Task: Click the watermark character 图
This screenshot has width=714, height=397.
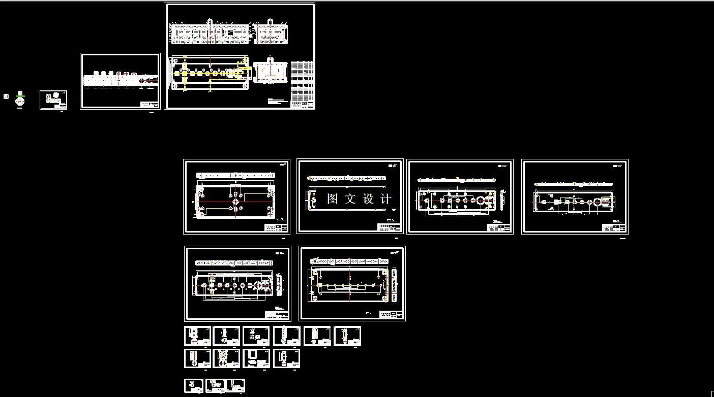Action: click(333, 198)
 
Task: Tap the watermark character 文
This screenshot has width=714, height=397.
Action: click(350, 198)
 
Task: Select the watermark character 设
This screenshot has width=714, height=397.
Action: click(369, 198)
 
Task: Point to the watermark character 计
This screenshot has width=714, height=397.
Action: click(386, 198)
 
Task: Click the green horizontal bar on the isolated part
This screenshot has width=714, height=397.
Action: click(20, 94)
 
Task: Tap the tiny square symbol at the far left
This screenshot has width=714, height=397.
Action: click(6, 96)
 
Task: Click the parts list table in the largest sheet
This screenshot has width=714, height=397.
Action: click(302, 81)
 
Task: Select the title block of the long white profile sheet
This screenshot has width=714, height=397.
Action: click(149, 104)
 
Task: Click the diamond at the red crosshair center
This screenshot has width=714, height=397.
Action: click(235, 202)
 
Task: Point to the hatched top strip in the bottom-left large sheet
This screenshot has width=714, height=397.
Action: click(235, 262)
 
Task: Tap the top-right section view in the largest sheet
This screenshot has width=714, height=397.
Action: click(271, 34)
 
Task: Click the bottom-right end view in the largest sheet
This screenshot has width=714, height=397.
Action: click(270, 72)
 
